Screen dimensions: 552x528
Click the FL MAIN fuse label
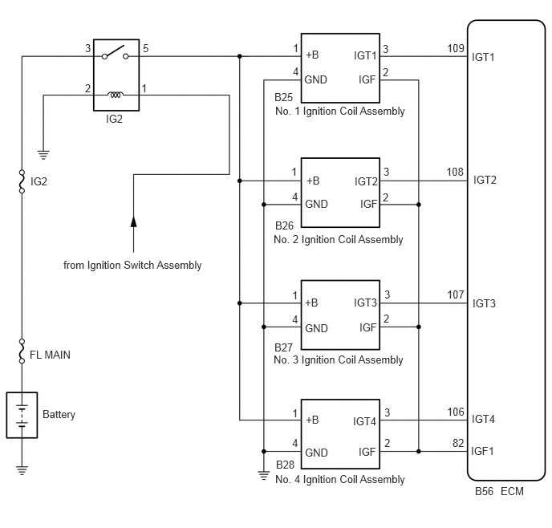[x=50, y=355]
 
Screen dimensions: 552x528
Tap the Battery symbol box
[x=22, y=415]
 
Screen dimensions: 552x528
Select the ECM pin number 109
[x=456, y=48]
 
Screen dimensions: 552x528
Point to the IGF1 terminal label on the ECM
[x=482, y=451]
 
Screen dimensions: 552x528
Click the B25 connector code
[x=283, y=97]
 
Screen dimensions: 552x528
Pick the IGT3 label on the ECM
[x=484, y=303]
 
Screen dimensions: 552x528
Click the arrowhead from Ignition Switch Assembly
[x=133, y=221]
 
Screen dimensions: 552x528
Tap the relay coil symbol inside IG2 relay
[x=116, y=95]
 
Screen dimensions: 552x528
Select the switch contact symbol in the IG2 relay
[x=115, y=53]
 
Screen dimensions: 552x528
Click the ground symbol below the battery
[x=22, y=470]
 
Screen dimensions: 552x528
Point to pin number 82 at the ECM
[x=458, y=443]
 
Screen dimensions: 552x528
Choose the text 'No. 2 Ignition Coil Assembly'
[x=339, y=239]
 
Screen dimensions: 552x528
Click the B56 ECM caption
[x=499, y=491]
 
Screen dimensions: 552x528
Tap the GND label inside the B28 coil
[x=316, y=453]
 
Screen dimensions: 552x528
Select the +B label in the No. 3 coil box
[x=311, y=303]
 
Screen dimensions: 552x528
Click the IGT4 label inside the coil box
[x=364, y=421]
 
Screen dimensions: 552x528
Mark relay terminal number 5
[x=146, y=48]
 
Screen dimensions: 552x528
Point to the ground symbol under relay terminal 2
[x=43, y=155]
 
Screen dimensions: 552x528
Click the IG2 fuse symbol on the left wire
[x=22, y=181]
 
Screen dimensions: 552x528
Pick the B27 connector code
[x=283, y=347]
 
